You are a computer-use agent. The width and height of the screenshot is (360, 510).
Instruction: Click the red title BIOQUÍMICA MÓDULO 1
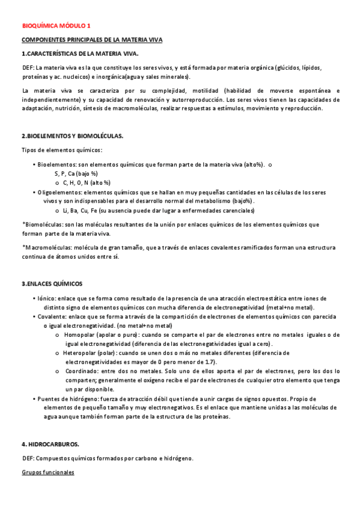56,26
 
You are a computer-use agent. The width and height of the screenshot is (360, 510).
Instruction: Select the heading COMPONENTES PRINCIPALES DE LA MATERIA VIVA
92,40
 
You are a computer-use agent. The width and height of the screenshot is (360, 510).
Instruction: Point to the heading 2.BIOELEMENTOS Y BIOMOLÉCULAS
72,135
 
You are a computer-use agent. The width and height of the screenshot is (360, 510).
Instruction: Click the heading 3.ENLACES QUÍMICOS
52,283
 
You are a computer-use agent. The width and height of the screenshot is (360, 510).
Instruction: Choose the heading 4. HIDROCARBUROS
50,444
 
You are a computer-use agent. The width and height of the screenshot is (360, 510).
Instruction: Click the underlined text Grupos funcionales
47,472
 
